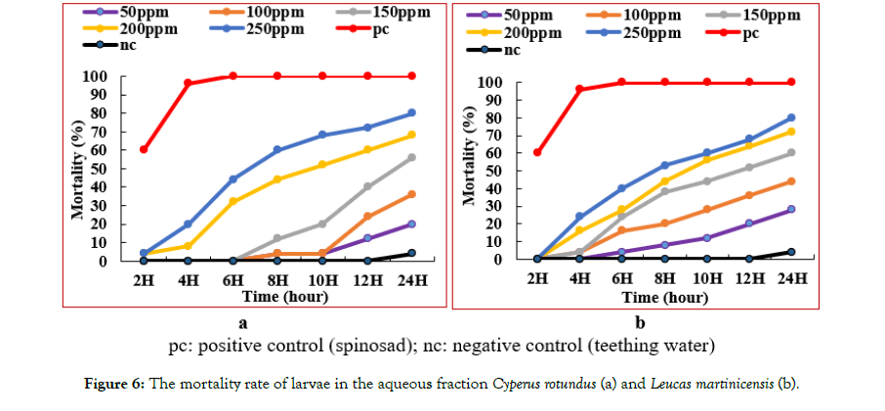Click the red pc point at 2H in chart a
coord(144,149)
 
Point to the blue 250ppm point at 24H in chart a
coord(411,113)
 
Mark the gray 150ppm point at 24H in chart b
coord(791,152)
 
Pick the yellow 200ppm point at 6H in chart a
coord(232,201)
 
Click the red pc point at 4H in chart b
coord(580,89)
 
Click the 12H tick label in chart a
coord(367,281)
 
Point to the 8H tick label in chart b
coord(665,279)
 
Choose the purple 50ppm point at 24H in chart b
coord(791,209)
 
